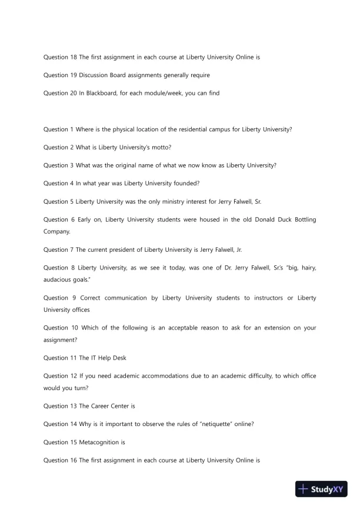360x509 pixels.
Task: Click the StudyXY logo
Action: coord(322,489)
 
